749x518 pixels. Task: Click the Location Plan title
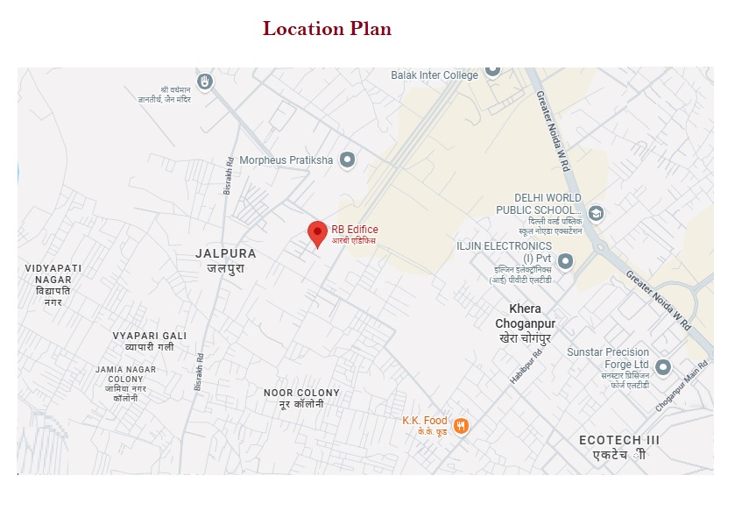coord(327,29)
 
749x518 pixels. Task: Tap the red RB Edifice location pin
coord(317,233)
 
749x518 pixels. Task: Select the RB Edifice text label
coord(355,230)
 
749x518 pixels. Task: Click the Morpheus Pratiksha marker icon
coord(348,160)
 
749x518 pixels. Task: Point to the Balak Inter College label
coord(435,75)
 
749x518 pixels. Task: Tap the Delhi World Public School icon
coord(596,213)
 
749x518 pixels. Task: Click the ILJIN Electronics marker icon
coord(566,260)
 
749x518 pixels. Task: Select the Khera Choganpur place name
coord(526,316)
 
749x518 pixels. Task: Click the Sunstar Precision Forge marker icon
coord(663,367)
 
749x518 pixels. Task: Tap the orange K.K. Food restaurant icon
coord(461,426)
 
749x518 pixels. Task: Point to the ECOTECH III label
coord(619,440)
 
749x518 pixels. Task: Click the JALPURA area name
coord(226,254)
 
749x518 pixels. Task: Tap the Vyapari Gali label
coord(150,336)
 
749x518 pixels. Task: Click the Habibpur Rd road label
coord(526,365)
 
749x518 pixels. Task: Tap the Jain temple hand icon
coord(205,81)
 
